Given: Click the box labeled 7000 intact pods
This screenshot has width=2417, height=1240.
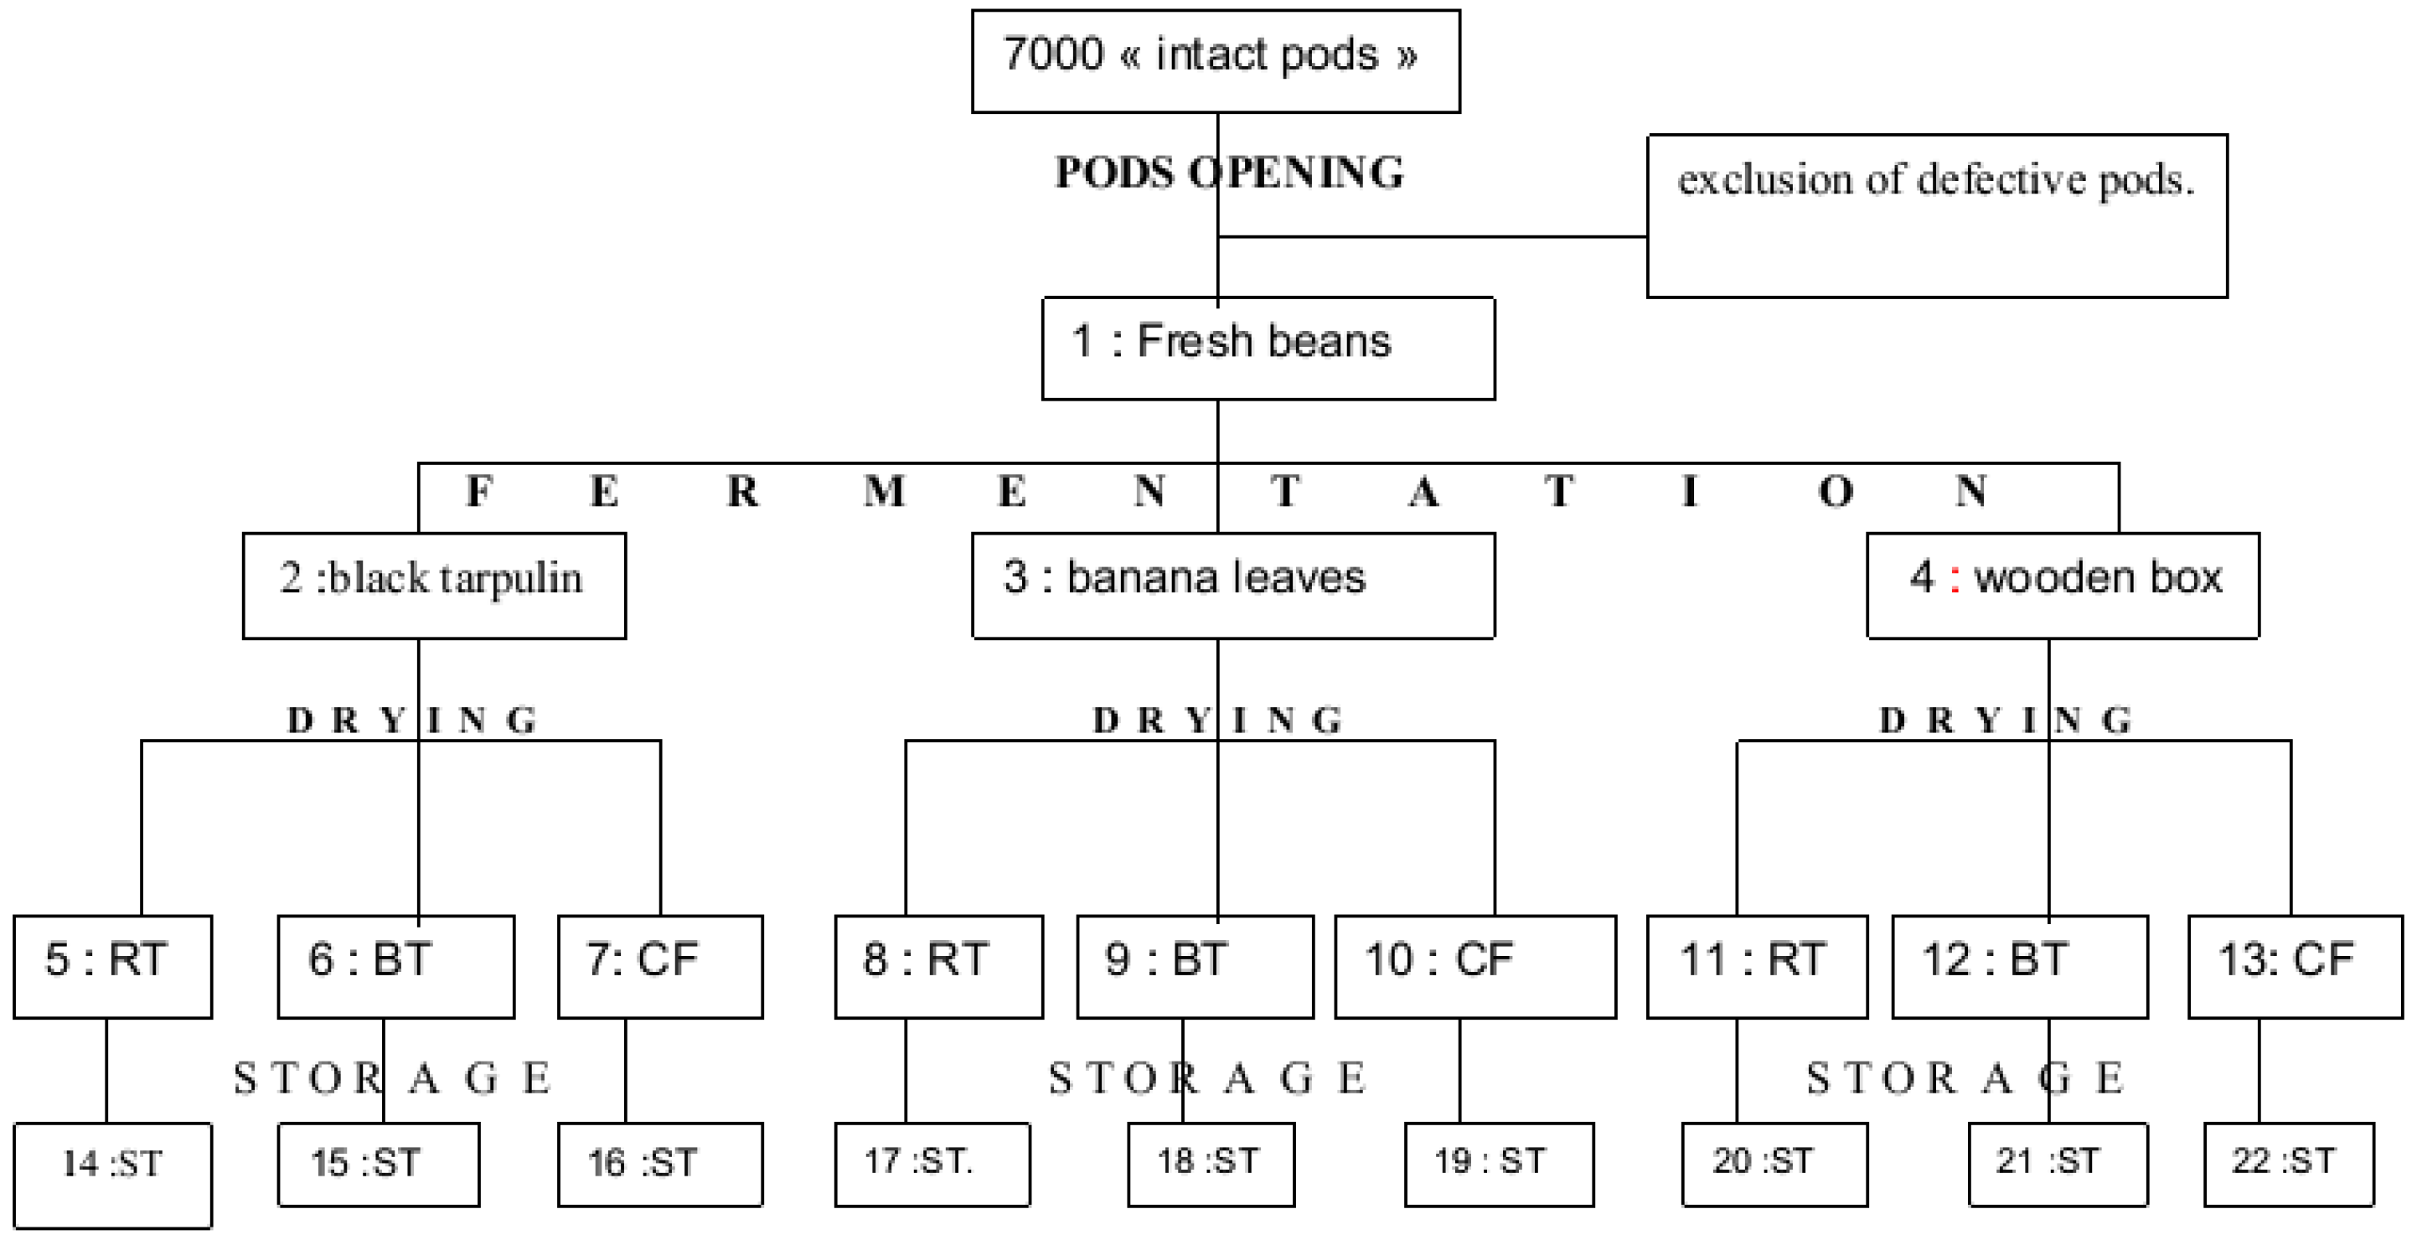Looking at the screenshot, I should pos(1215,61).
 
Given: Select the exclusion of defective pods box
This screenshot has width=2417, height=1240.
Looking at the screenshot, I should pos(1937,216).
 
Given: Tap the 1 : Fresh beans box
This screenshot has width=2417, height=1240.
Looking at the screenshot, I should pos(1268,349).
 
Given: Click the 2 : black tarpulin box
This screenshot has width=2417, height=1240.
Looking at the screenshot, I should pos(433,586).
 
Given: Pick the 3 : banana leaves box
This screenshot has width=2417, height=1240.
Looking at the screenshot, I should pos(1233,586).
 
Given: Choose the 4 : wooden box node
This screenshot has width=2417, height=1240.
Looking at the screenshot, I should pos(2063,586).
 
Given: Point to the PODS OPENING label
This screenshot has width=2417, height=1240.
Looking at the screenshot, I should pos(1229,173).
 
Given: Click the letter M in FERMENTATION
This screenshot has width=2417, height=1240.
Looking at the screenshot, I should pos(884,492).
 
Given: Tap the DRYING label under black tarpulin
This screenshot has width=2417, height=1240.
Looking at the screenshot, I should pos(412,721).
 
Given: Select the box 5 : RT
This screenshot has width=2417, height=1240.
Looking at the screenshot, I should pos(112,966).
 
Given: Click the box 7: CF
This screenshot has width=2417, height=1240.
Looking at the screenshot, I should pos(659,966).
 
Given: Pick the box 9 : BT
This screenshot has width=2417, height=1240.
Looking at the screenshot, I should pos(1195,966).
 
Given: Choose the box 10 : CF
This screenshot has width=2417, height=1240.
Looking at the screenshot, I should pos(1475,966).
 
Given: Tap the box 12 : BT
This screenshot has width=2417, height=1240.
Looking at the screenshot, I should pos(2019,966).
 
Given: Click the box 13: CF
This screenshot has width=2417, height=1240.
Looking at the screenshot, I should pos(2295,966).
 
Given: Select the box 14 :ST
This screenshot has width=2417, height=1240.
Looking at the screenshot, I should pos(112,1175).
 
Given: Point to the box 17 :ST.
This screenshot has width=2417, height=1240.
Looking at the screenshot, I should pos(932,1164).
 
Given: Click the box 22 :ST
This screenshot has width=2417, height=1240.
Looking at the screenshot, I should pos(2289,1164).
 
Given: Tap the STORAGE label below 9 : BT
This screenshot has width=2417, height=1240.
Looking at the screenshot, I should pos(1208,1078).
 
